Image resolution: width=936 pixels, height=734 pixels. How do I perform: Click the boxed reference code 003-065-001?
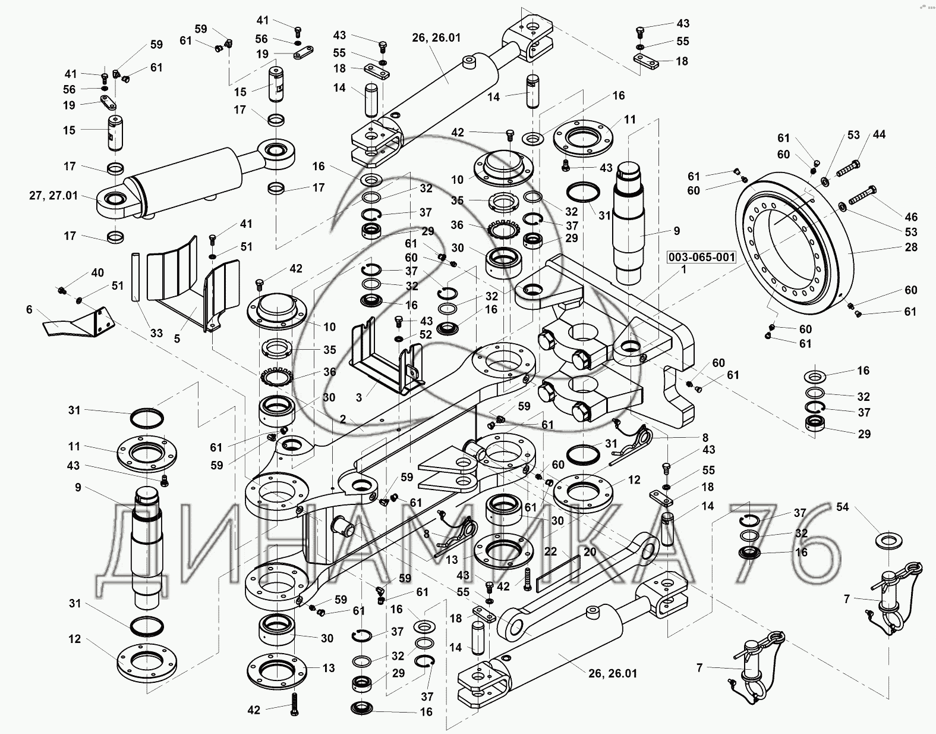701,258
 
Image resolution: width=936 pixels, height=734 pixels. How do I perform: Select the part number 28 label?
911,247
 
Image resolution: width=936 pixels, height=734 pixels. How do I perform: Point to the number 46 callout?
911,217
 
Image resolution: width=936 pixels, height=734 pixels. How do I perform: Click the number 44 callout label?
879,134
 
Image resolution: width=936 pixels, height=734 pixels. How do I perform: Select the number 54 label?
843,507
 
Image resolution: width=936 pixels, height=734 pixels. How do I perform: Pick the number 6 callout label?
29,309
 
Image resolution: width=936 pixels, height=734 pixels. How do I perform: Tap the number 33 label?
156,333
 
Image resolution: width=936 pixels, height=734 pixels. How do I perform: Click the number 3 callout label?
358,397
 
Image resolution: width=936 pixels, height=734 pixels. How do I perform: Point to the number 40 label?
97,273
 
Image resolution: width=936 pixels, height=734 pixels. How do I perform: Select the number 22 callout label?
551,551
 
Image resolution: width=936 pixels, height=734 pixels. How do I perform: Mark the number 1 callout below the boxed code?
683,269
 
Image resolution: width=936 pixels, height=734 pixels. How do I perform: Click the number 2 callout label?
343,419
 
